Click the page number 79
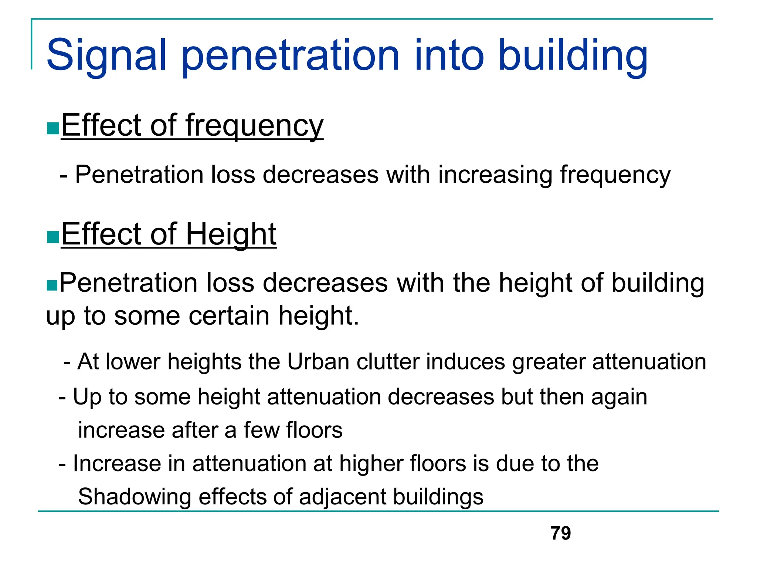(560, 533)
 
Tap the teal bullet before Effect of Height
(53, 237)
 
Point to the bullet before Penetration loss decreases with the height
(52, 285)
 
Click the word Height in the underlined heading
(231, 234)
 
